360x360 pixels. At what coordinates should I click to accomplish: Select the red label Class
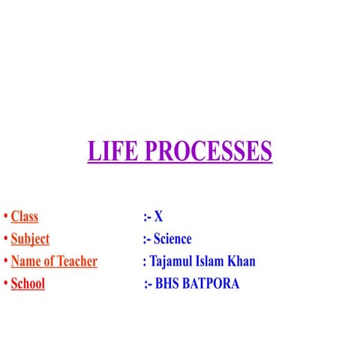click(24, 217)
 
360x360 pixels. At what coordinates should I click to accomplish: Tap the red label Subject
click(30, 239)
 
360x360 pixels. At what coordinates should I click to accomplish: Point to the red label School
click(28, 284)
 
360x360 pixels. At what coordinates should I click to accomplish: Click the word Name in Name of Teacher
click(26, 262)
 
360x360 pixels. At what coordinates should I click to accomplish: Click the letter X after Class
click(158, 217)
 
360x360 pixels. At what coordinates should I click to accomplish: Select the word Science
click(172, 239)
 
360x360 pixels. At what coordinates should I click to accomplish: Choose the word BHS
click(168, 284)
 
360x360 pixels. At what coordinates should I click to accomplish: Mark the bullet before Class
click(5, 217)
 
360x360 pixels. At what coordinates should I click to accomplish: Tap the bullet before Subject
click(5, 239)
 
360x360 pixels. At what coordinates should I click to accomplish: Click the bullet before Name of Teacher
click(5, 262)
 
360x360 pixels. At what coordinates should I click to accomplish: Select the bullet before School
click(5, 284)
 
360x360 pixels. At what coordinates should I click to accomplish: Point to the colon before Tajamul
click(144, 262)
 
